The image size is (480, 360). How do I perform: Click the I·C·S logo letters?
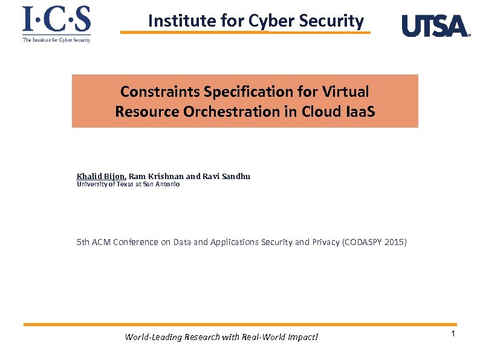(x=56, y=20)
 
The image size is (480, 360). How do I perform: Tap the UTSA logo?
(x=435, y=26)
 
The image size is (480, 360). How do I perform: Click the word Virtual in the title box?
(x=345, y=92)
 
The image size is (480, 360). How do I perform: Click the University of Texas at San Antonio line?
(x=128, y=185)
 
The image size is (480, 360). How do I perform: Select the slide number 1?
(x=453, y=335)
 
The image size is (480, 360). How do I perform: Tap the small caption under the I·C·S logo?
(x=56, y=40)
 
